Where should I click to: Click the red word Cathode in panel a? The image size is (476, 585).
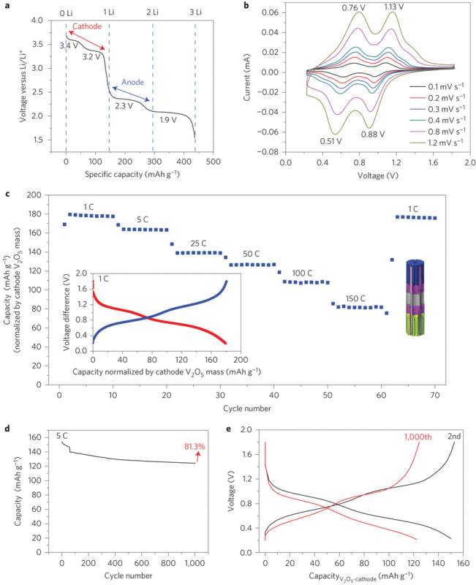86,25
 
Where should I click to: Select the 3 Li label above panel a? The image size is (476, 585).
195,13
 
